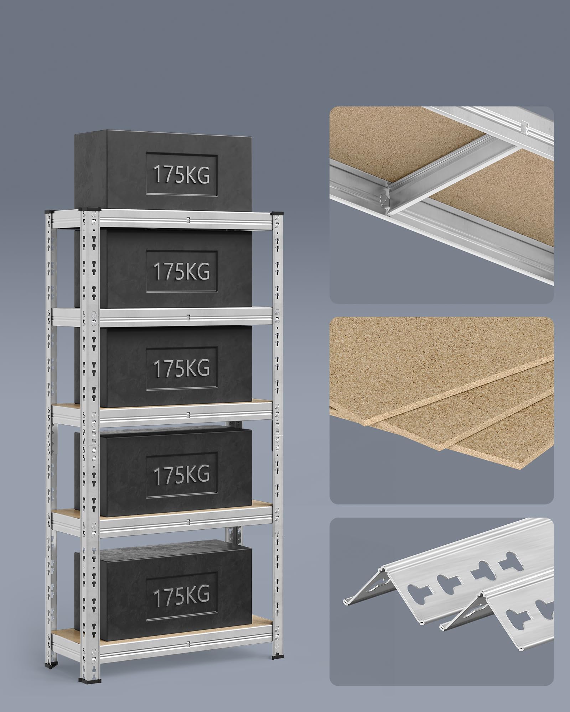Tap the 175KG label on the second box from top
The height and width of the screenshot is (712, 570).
181,272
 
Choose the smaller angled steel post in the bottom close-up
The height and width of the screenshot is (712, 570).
499,616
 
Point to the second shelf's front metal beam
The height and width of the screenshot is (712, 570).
186,316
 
